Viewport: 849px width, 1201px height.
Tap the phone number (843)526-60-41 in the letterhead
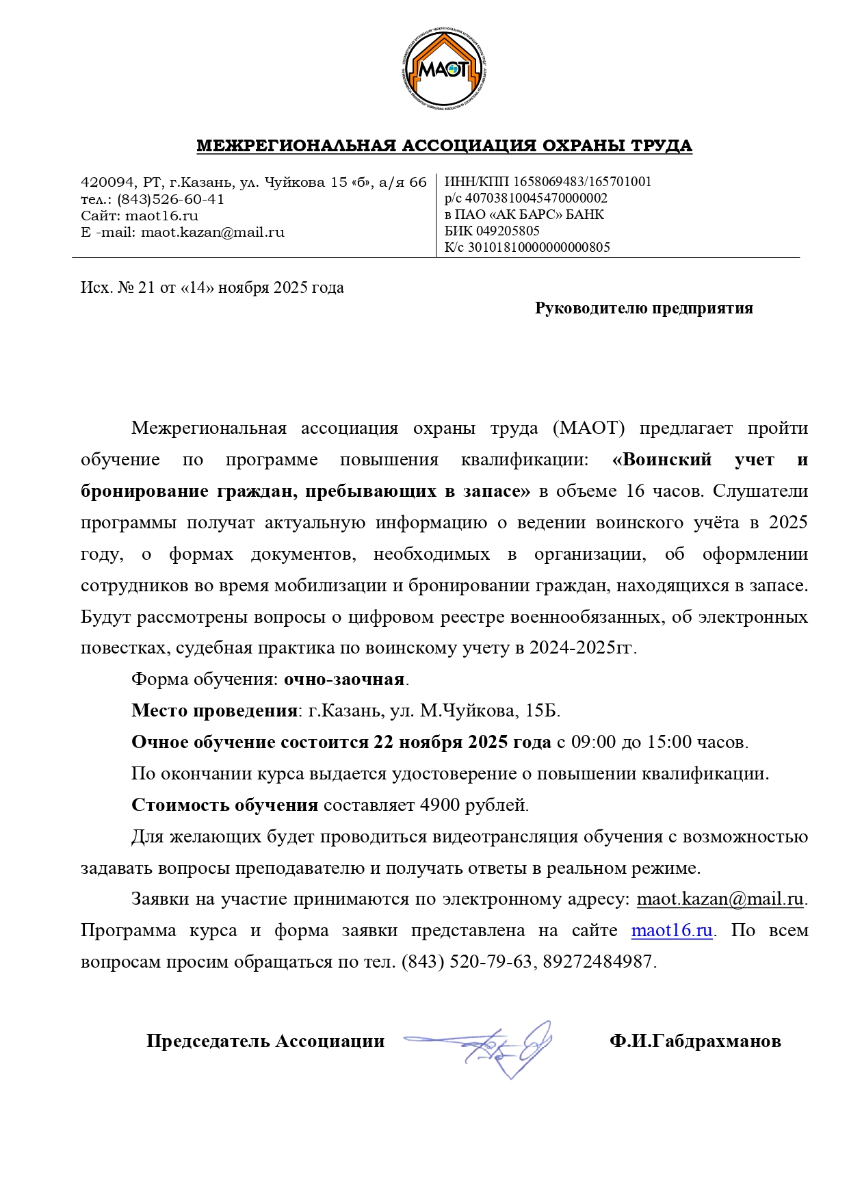170,199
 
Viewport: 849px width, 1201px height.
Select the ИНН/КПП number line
547,182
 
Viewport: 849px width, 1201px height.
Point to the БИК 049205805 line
492,231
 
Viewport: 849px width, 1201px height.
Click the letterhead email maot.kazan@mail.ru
212,232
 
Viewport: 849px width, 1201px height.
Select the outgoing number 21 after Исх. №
146,288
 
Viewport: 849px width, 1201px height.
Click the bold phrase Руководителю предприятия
643,309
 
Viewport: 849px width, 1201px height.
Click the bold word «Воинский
662,460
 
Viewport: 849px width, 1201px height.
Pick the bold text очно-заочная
344,680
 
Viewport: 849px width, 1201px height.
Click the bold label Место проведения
214,711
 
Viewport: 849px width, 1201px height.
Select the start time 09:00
593,742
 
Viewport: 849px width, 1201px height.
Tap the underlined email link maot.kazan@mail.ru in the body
720,899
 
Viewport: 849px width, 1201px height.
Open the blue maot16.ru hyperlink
672,931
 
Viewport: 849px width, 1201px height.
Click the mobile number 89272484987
597,962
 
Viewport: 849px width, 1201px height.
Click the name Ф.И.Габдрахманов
695,1042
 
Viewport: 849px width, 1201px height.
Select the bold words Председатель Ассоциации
265,1042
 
